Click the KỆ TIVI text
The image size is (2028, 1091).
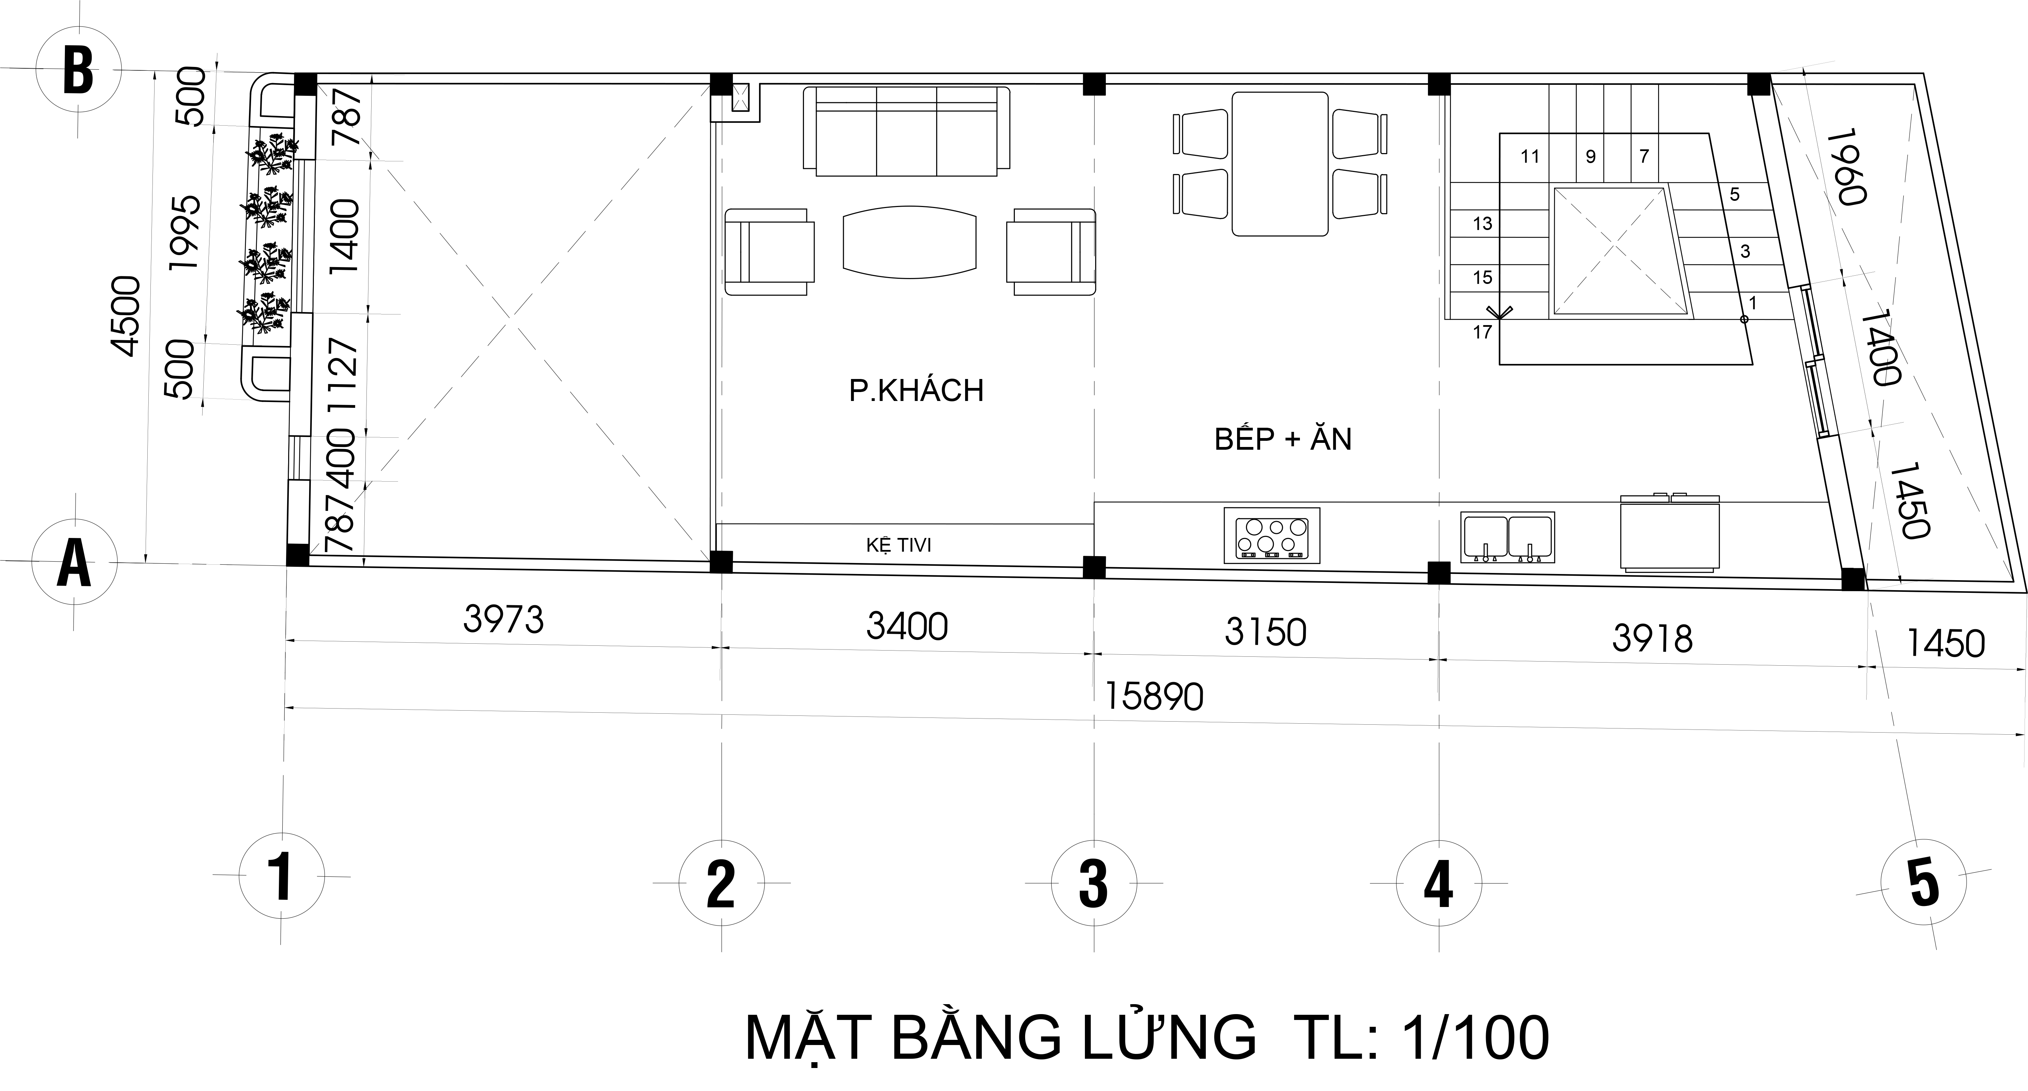click(898, 545)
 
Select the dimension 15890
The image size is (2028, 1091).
click(1154, 697)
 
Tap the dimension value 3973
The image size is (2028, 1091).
click(503, 620)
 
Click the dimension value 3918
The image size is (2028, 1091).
click(1652, 639)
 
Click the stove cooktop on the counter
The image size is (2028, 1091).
click(1271, 535)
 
